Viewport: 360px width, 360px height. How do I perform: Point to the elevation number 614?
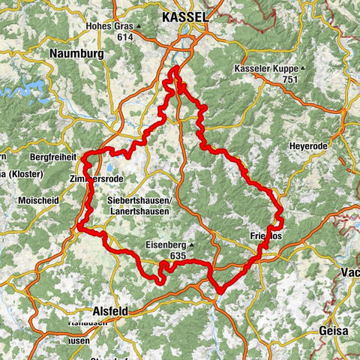125,36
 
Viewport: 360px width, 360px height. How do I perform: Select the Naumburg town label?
76,53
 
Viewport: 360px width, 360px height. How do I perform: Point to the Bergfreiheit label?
53,157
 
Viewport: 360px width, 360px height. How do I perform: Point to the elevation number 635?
178,256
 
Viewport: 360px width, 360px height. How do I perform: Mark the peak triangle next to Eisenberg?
192,244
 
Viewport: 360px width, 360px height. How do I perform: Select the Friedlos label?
265,236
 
